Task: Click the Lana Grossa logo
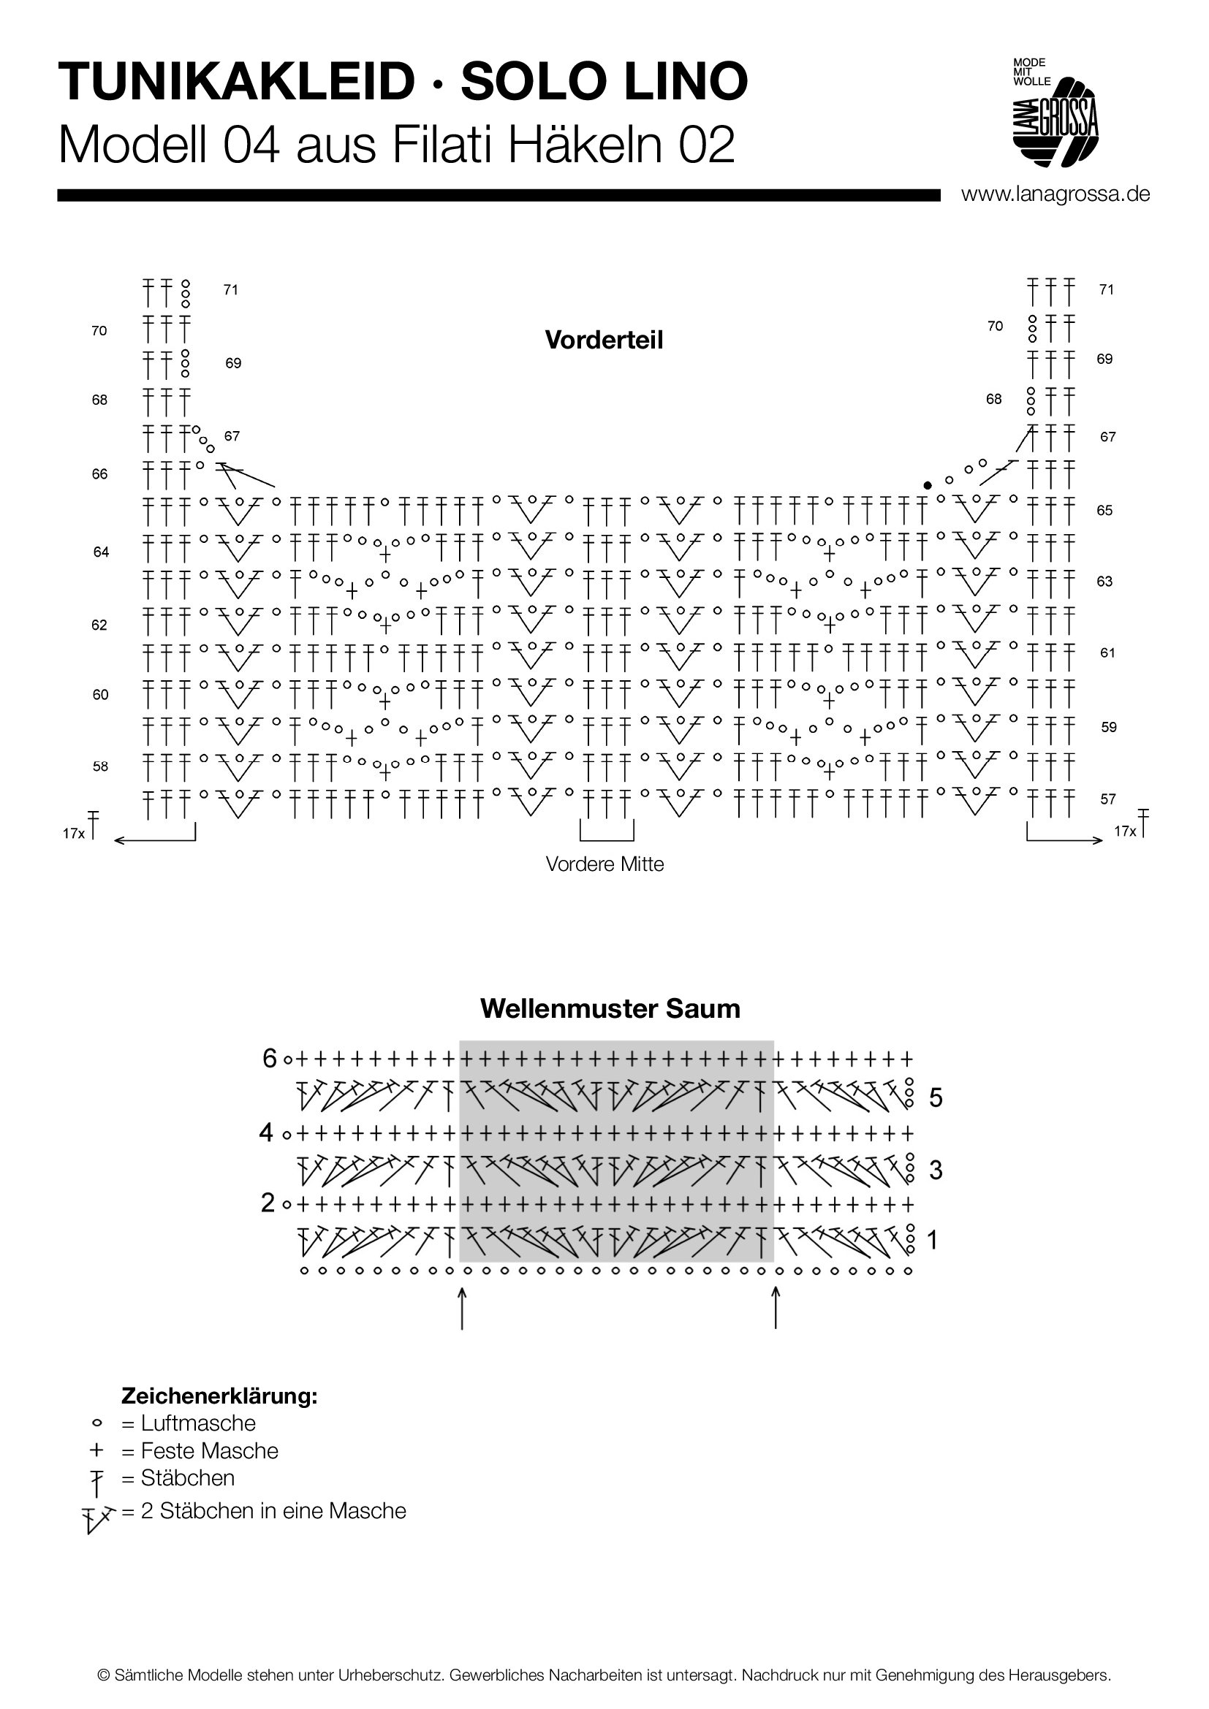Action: [1055, 112]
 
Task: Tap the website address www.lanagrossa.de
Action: [1055, 194]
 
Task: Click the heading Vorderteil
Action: [604, 340]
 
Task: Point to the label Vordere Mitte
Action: [604, 864]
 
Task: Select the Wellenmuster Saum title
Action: [610, 1008]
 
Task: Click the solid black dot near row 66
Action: [927, 485]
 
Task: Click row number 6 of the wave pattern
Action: [270, 1058]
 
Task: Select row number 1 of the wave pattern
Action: [933, 1240]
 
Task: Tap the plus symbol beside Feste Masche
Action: [96, 1450]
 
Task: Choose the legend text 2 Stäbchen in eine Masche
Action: [273, 1511]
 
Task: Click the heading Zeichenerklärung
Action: [219, 1396]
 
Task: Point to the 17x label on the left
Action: [74, 834]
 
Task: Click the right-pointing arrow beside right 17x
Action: [1064, 840]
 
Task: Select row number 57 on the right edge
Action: [1107, 799]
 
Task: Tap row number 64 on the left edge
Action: [102, 552]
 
